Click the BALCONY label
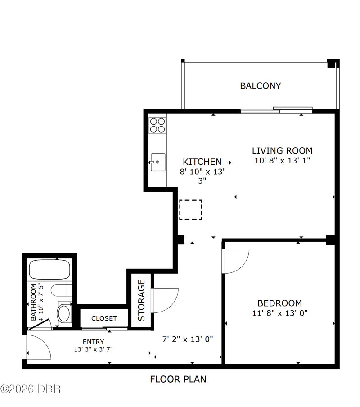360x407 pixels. tap(261, 86)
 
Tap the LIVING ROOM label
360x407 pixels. tap(282, 150)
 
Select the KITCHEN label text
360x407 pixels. tap(202, 162)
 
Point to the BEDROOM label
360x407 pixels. tap(279, 303)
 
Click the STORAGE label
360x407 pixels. tap(141, 300)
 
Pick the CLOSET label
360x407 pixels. tap(104, 318)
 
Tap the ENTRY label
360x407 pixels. tap(93, 342)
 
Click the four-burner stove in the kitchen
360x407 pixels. tap(157, 125)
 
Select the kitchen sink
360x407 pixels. tap(157, 162)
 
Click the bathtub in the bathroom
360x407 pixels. tap(49, 269)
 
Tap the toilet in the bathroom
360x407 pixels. tap(61, 290)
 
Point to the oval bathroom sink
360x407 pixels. tap(63, 313)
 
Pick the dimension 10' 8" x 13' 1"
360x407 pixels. tap(282, 160)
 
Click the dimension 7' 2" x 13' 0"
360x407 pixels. tap(188, 339)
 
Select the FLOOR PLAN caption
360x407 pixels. tap(178, 379)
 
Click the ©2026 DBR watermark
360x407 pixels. tap(31, 389)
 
